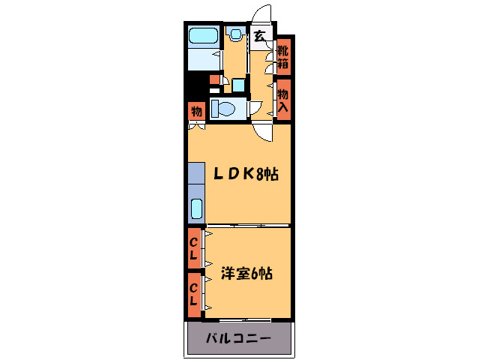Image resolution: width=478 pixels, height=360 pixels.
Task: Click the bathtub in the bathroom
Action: tap(203, 36)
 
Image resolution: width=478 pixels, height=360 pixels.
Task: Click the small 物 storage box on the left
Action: tap(196, 111)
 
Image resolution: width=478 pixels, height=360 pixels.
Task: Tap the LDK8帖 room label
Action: tap(246, 174)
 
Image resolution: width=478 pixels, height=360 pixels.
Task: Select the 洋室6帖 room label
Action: tap(246, 274)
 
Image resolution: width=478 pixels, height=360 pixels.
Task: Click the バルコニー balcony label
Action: tap(239, 339)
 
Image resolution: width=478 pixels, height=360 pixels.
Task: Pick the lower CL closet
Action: tap(193, 293)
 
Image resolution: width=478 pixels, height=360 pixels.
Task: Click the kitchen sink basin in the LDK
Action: tap(196, 210)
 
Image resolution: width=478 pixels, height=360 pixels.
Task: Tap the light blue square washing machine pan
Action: tap(238, 85)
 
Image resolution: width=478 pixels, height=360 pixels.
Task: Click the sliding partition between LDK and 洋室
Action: tap(247, 226)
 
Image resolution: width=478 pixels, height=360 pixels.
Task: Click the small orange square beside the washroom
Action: tap(214, 79)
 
